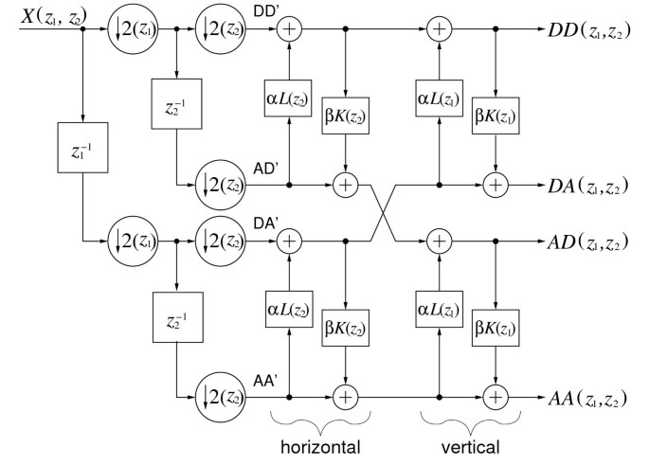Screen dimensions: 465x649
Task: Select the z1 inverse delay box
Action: tap(84, 151)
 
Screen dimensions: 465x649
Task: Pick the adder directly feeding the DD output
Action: tap(438, 31)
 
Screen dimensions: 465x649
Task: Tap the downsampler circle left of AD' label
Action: tap(218, 185)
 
